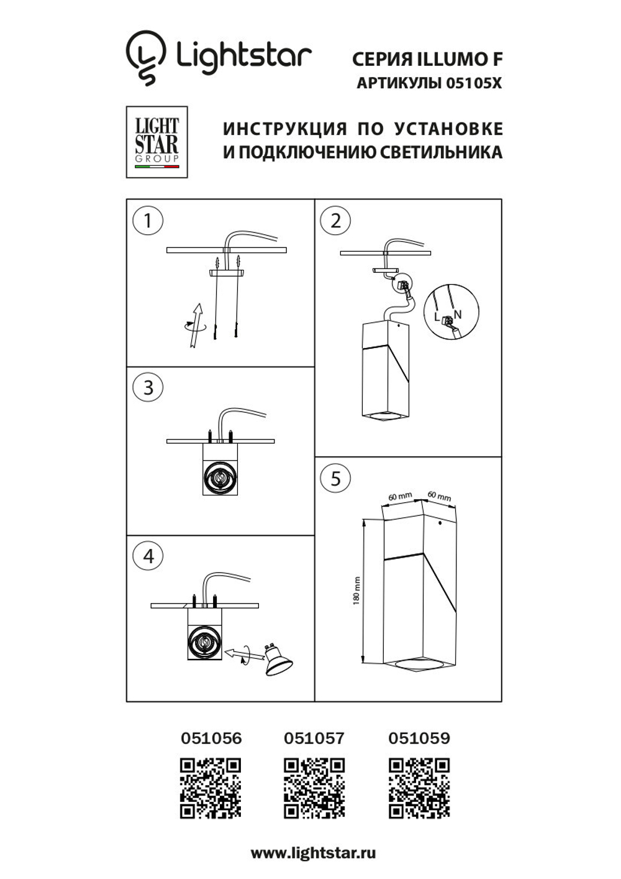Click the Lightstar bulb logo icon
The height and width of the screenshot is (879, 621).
pyautogui.click(x=146, y=57)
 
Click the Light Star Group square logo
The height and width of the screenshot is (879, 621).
pyautogui.click(x=156, y=142)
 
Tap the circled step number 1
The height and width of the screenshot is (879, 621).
pyautogui.click(x=148, y=221)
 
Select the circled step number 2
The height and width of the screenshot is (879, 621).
pyautogui.click(x=335, y=221)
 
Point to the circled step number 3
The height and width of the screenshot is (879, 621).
pyautogui.click(x=148, y=387)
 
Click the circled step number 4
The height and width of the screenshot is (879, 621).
pyautogui.click(x=148, y=555)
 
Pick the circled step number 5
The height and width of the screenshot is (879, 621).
pyautogui.click(x=335, y=478)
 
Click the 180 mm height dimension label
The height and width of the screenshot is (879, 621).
pyautogui.click(x=356, y=591)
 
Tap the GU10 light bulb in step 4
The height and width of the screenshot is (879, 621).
pyautogui.click(x=278, y=660)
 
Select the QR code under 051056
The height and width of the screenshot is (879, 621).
pyautogui.click(x=211, y=788)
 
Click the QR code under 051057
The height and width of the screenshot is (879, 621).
pyautogui.click(x=314, y=788)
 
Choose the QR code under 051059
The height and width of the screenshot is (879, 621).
pyautogui.click(x=419, y=788)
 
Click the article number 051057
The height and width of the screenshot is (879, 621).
pyautogui.click(x=314, y=739)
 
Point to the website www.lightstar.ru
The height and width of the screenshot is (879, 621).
pyautogui.click(x=313, y=853)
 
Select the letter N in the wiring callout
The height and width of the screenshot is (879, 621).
pyautogui.click(x=458, y=315)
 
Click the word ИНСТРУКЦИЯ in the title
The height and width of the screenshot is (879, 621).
pyautogui.click(x=285, y=129)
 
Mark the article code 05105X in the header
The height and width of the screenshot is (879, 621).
pyautogui.click(x=474, y=83)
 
